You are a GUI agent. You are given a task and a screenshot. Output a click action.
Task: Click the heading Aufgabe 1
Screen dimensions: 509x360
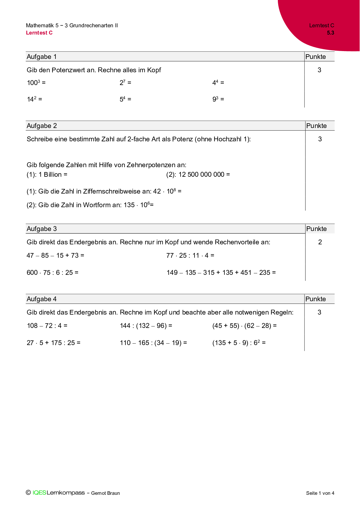(42, 57)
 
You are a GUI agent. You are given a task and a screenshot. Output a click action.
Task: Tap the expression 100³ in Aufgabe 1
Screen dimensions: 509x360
(33, 83)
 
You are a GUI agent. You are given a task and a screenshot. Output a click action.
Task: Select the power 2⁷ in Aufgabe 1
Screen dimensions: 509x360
(123, 83)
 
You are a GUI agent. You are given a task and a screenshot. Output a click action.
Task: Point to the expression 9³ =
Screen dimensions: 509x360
(218, 99)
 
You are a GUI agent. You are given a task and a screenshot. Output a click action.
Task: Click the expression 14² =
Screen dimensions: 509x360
(34, 99)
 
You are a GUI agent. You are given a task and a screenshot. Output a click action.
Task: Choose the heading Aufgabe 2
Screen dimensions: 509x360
(42, 126)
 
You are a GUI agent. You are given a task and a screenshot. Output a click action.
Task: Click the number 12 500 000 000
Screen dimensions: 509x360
(201, 174)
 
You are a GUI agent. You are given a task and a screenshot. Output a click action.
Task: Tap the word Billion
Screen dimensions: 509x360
(53, 174)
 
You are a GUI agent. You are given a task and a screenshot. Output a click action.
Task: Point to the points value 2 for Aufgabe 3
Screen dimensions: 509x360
(320, 242)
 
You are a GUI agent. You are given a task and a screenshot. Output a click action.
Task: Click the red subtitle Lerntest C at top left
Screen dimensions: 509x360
(39, 33)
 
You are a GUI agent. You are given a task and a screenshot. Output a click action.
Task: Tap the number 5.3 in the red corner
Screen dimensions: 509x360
(330, 33)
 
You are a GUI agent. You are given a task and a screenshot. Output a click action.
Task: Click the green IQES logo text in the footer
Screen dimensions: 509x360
(39, 493)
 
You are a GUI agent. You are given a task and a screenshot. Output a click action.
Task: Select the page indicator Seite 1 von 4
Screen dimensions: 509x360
(320, 493)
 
